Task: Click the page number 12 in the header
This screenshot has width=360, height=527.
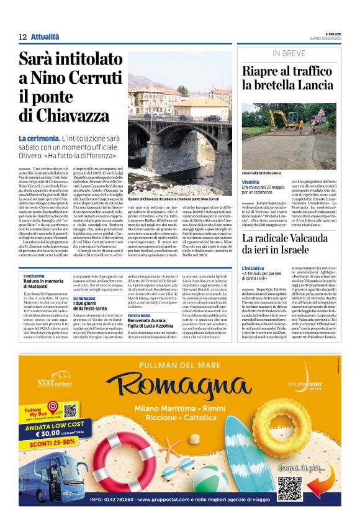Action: (22, 37)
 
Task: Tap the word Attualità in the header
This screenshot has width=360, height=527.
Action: (45, 37)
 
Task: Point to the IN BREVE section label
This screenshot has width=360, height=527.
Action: (288, 53)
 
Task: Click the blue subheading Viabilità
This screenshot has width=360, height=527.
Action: (252, 181)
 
